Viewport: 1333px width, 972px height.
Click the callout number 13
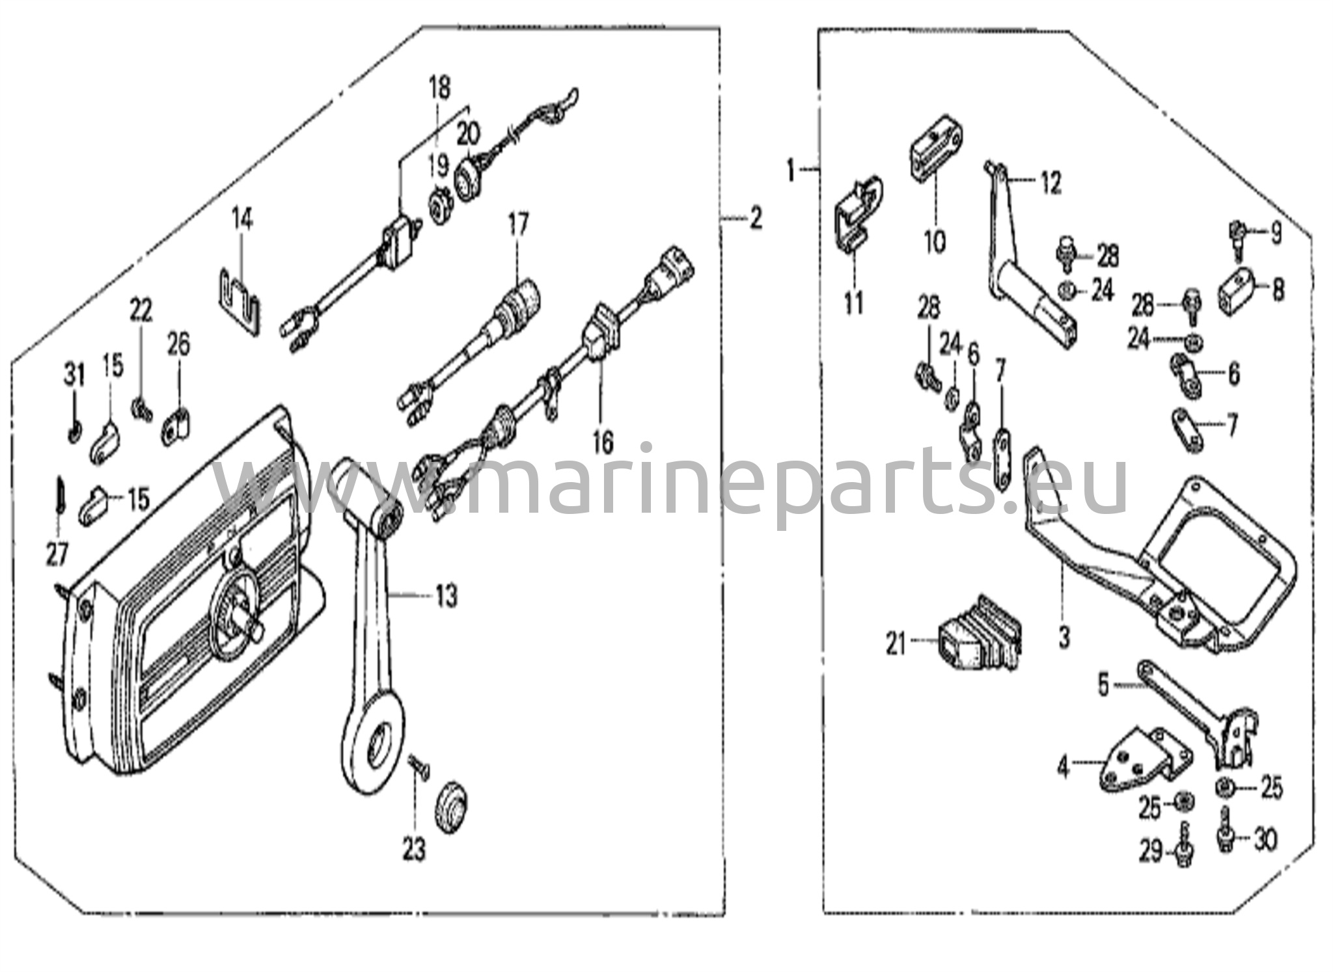point(447,596)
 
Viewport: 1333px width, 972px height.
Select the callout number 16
point(603,442)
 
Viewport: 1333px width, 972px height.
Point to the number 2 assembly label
point(755,219)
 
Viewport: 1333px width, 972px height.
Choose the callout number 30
point(1265,840)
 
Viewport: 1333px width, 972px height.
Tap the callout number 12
point(1051,182)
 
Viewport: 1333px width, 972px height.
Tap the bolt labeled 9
point(1236,237)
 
